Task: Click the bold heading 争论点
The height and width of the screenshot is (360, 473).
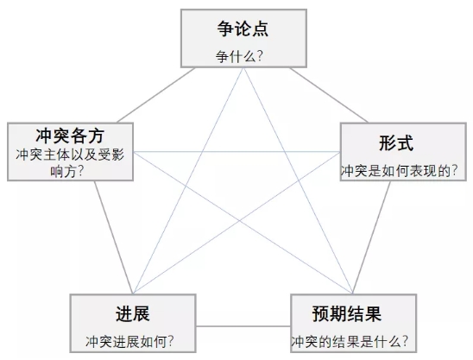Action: tap(243, 28)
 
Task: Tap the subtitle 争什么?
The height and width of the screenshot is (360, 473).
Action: tap(239, 56)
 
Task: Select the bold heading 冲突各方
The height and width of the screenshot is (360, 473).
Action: tap(70, 136)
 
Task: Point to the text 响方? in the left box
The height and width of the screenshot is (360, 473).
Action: tap(66, 172)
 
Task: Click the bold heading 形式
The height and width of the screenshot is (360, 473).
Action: tap(396, 142)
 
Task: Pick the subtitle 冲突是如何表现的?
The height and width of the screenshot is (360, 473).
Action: tap(399, 171)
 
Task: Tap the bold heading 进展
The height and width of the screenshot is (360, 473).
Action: tap(133, 313)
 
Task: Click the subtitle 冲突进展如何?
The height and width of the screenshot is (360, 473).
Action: tap(130, 342)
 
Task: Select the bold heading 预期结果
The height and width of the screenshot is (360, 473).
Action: tap(347, 314)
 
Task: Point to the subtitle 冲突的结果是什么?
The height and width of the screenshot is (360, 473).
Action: tap(350, 342)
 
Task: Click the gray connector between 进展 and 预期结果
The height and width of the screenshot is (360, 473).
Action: tap(243, 326)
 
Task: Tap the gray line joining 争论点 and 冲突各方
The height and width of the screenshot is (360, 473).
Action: tap(156, 95)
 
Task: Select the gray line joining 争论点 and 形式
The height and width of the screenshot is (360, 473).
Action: tap(329, 95)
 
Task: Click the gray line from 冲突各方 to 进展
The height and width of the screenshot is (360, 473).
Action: tap(114, 237)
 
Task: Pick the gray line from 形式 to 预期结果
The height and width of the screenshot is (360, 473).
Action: tap(372, 237)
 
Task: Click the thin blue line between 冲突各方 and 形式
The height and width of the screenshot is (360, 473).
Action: tap(236, 152)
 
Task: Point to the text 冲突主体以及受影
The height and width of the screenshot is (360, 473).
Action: tap(70, 155)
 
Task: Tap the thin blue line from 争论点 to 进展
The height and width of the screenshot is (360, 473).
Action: tap(188, 180)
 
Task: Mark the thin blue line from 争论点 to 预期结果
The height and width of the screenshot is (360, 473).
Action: tap(298, 180)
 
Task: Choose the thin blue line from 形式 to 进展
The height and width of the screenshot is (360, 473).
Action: tap(236, 223)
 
